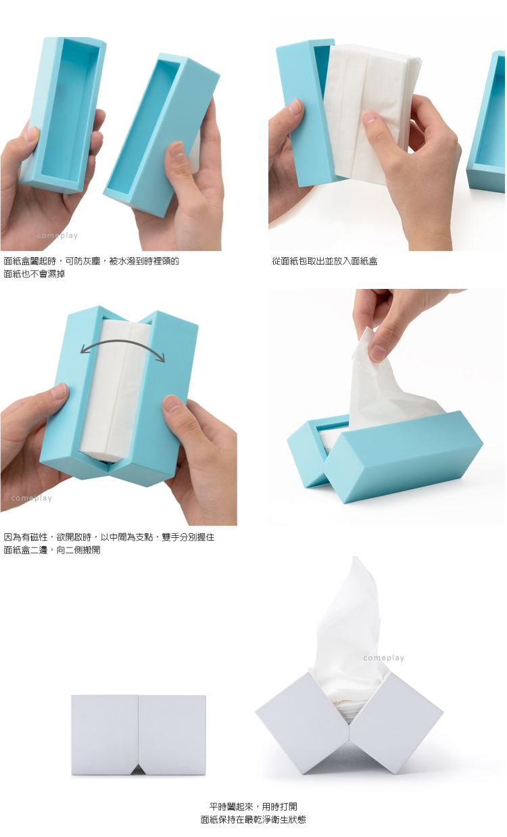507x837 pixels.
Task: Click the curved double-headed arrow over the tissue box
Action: [122, 342]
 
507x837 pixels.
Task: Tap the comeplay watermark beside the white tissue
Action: [383, 658]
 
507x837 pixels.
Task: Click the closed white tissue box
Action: [138, 735]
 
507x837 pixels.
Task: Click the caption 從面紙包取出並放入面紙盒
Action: [324, 261]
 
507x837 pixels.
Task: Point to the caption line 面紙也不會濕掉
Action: [34, 274]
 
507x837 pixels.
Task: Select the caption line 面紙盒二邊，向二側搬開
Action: [52, 550]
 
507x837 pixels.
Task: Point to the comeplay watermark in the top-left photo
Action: [57, 235]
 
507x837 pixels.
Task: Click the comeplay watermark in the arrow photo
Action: [31, 498]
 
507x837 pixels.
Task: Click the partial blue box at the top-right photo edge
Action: [487, 123]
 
